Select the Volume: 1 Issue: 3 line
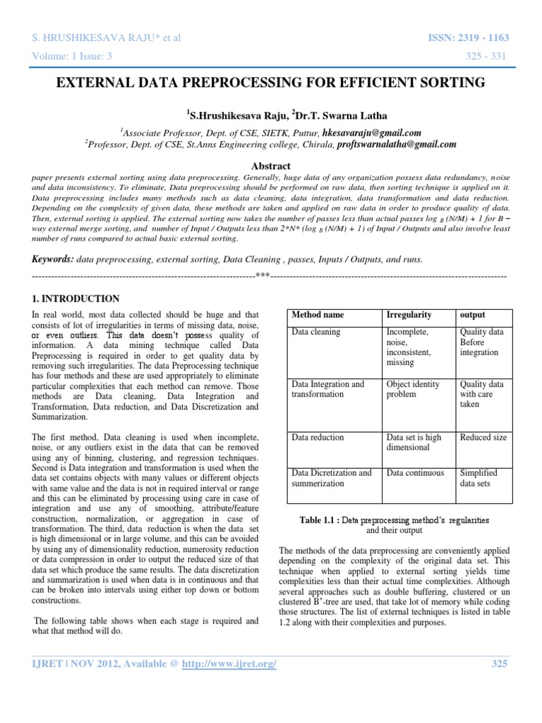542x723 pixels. click(x=71, y=56)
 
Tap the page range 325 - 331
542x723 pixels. click(x=489, y=56)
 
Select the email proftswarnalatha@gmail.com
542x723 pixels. click(x=397, y=143)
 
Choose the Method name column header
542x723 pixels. click(x=318, y=314)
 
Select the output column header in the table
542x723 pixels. click(x=472, y=314)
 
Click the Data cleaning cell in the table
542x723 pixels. click(x=316, y=332)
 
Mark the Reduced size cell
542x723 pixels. click(x=483, y=438)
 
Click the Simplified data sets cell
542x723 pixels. click(x=478, y=477)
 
